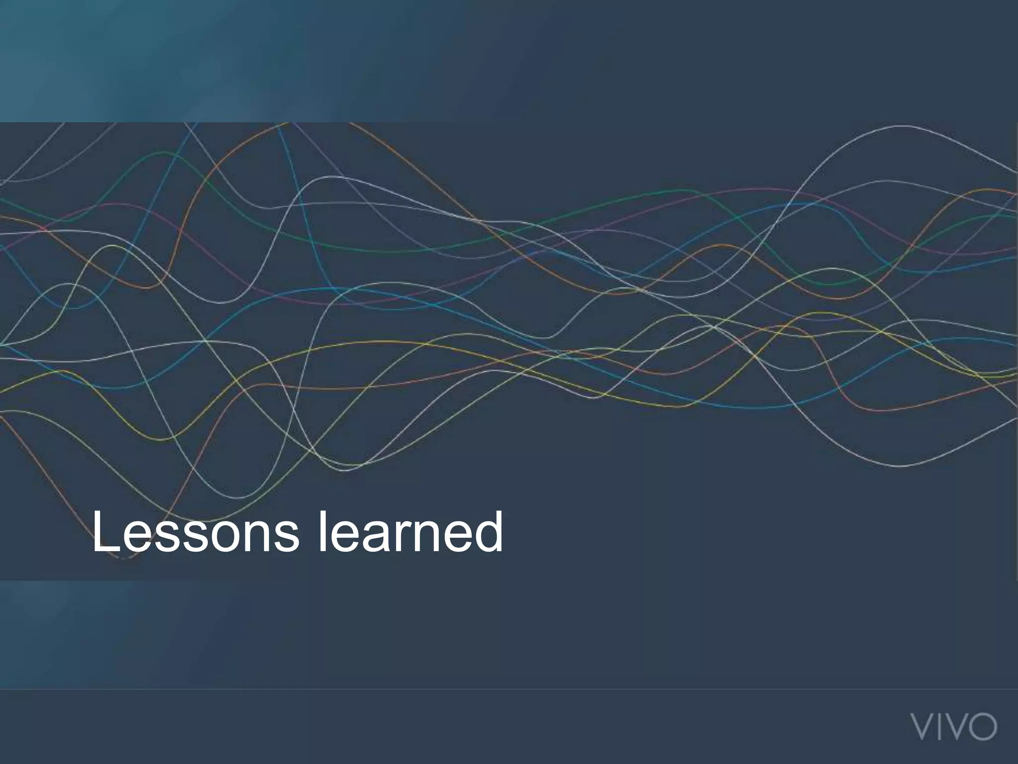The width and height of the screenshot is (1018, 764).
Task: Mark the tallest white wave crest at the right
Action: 900,126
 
